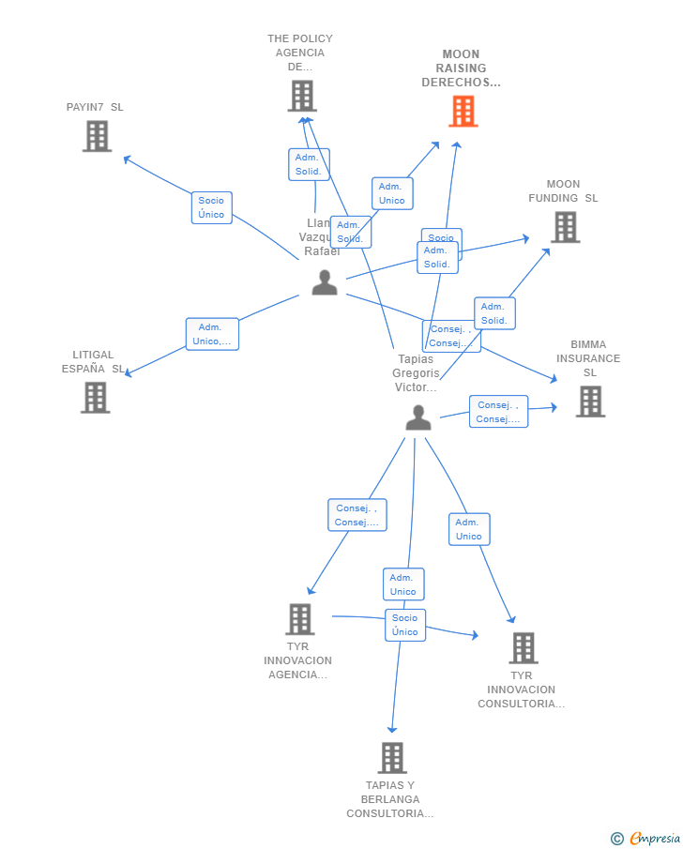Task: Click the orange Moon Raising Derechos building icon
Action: (463, 112)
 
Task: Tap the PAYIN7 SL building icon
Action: (97, 136)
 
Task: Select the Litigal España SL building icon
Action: (95, 397)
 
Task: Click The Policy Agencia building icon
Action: (302, 96)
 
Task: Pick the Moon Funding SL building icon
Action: (565, 227)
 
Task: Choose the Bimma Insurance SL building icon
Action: (590, 402)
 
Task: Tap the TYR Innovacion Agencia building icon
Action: (299, 619)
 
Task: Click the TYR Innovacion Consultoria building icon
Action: (524, 647)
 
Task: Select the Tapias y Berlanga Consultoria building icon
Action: (392, 757)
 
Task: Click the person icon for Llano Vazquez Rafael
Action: (325, 282)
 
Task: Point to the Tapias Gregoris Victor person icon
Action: (418, 418)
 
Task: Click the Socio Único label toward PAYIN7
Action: (211, 207)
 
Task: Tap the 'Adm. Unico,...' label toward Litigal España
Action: (213, 334)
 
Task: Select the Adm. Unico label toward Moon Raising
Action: (392, 193)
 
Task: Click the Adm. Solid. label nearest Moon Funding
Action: (494, 313)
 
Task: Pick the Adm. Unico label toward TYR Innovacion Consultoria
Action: (469, 529)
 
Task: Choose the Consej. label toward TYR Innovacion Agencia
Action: (357, 515)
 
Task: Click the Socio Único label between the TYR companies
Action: (405, 625)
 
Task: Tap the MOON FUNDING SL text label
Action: (563, 191)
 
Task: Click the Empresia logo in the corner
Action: (646, 838)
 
